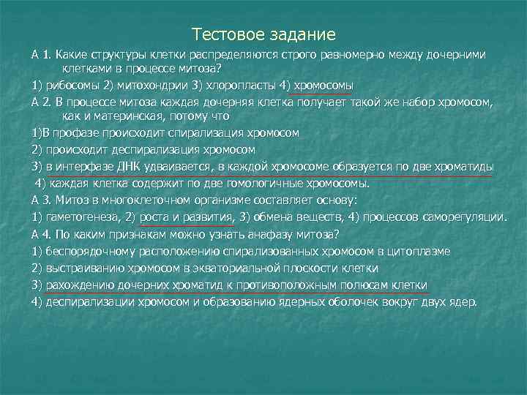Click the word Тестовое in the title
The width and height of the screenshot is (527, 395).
[227, 34]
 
